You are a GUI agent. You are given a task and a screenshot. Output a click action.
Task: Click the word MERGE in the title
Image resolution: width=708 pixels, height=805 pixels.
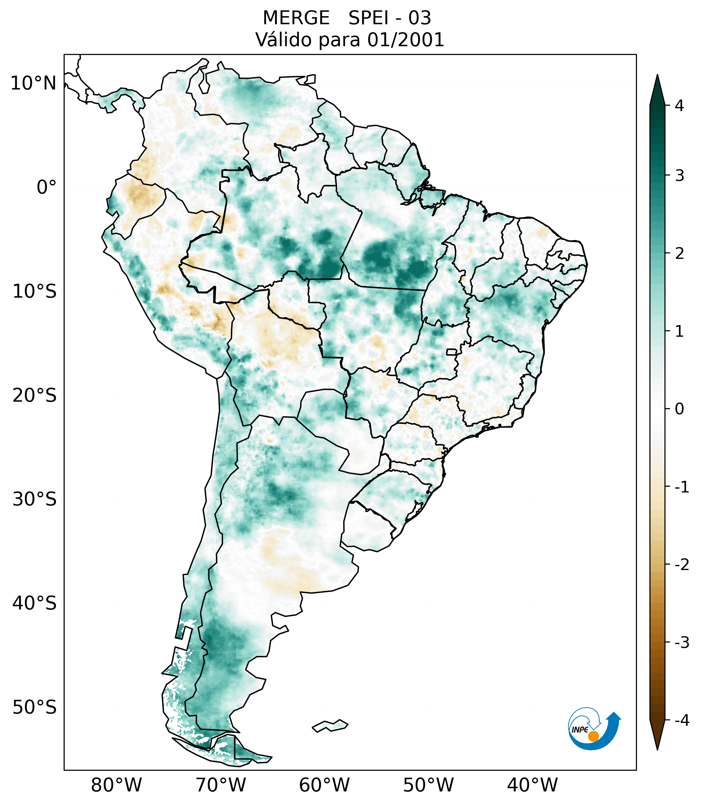point(296,18)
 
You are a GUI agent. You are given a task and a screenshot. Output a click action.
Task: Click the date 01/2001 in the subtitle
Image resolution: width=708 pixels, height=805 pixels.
point(405,40)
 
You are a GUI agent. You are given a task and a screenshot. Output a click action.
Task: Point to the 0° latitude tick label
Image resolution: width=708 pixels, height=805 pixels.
point(47,187)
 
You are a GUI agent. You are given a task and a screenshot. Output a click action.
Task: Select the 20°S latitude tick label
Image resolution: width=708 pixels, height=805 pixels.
point(35,396)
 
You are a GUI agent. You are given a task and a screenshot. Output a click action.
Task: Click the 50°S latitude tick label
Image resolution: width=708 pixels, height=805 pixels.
point(35,708)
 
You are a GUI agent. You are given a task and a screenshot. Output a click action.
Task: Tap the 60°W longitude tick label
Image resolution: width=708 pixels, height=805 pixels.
point(324,785)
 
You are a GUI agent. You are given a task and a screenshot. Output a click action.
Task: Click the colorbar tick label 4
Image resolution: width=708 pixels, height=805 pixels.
point(679,106)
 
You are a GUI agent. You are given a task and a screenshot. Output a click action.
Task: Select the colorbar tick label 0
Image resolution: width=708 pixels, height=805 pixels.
point(679,409)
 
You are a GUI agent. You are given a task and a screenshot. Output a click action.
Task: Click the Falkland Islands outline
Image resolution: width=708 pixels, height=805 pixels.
point(330,726)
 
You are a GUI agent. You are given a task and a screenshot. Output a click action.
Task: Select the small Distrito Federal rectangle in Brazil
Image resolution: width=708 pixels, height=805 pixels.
point(451,352)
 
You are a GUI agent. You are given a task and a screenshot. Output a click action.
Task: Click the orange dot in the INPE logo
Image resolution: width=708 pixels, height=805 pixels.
point(593,736)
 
